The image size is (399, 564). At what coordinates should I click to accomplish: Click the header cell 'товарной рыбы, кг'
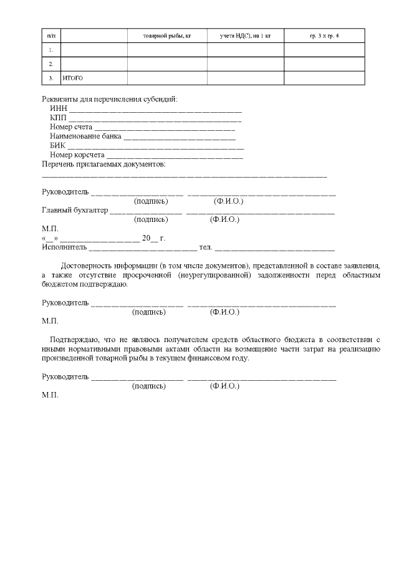[166, 36]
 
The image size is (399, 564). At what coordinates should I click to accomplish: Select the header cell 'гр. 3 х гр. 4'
[324, 36]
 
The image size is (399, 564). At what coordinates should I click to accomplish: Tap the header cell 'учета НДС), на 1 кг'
[245, 36]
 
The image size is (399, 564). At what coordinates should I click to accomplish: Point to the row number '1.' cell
[50, 50]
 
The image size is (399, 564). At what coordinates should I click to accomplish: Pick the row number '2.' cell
[50, 64]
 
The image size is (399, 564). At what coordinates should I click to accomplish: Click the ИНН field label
[58, 108]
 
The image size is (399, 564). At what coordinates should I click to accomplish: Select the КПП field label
[58, 118]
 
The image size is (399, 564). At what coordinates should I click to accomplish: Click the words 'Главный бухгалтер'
[74, 211]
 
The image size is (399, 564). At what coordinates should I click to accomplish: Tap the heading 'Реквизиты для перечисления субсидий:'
[109, 99]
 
